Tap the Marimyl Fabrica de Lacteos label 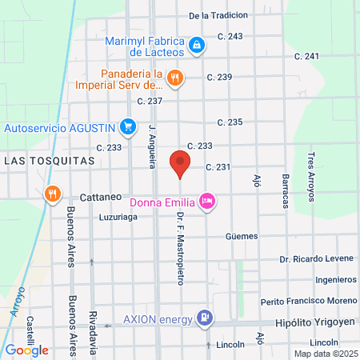(x=146, y=47)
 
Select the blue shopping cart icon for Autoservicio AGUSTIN (x=127, y=126)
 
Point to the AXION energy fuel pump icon (x=206, y=318)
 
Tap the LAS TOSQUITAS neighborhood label (x=49, y=160)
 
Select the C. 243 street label (x=230, y=37)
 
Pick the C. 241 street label (x=306, y=56)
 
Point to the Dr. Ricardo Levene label (x=317, y=259)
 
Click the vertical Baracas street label (x=284, y=190)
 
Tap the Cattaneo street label (x=100, y=196)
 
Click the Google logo (x=26, y=350)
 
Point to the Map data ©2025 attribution (x=324, y=353)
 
